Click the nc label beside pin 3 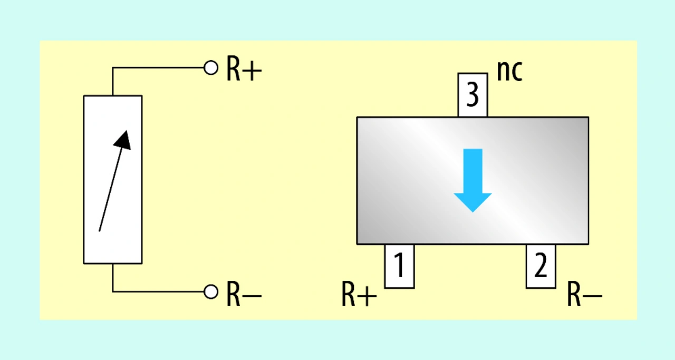click(x=509, y=71)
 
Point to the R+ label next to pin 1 click(x=359, y=295)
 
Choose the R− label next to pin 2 click(x=584, y=295)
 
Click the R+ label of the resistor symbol click(x=244, y=70)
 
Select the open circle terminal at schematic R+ click(x=211, y=67)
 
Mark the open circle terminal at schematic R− click(x=211, y=291)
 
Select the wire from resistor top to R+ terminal click(x=158, y=67)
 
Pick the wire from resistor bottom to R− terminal click(x=158, y=291)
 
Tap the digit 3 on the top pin click(x=472, y=96)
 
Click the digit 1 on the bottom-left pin click(x=399, y=266)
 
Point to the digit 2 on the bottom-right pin click(x=541, y=266)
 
